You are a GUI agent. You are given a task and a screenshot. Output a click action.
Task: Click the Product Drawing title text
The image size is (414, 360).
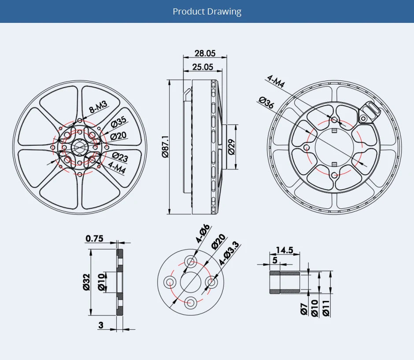click(x=207, y=11)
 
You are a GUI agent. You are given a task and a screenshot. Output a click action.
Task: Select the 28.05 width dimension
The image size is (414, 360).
click(x=205, y=54)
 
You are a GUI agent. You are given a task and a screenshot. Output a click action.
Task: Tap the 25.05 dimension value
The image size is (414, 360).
click(x=203, y=67)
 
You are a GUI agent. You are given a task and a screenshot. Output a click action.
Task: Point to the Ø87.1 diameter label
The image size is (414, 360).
click(x=166, y=147)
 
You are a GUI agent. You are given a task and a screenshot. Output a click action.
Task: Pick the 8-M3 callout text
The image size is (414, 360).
click(x=98, y=107)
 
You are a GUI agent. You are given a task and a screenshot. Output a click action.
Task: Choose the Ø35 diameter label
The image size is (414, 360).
click(x=118, y=121)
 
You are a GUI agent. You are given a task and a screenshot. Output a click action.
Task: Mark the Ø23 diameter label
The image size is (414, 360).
click(x=120, y=156)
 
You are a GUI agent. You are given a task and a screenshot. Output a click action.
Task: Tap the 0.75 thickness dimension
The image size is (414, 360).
click(x=94, y=239)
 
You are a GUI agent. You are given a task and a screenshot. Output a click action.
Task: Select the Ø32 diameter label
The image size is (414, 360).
click(x=86, y=282)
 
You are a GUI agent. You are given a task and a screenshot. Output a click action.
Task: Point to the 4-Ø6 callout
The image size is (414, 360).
click(x=203, y=234)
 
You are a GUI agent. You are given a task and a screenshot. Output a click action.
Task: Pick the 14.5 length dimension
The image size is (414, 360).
click(x=284, y=250)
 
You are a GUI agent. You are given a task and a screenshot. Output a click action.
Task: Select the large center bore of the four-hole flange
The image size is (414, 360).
click(x=191, y=282)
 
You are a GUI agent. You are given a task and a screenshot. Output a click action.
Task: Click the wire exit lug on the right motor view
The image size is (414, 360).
click(x=367, y=112)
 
